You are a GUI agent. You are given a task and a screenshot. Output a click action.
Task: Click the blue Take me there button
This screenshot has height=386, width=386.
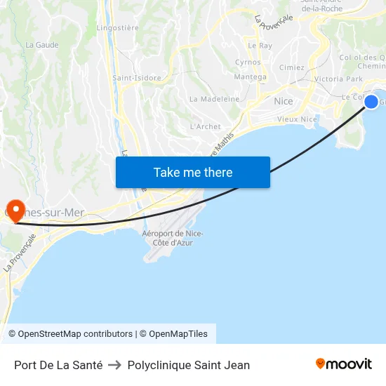tap(193, 172)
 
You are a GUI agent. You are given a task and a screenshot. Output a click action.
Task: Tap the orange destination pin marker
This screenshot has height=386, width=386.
tap(13, 209)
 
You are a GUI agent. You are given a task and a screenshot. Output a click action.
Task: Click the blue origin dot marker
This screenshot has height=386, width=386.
tap(371, 102)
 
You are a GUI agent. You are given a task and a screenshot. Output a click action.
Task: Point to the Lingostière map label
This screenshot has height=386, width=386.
tap(117, 28)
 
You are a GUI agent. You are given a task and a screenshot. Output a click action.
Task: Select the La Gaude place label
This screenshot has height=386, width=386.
tap(42, 44)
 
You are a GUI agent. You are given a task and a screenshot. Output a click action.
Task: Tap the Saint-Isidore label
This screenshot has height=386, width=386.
tap(137, 78)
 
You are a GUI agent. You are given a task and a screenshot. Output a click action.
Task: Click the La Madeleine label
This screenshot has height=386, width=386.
tap(215, 99)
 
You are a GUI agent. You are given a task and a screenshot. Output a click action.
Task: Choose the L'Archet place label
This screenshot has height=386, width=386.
tap(206, 126)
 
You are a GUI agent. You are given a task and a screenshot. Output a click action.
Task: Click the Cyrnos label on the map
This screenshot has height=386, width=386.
tap(248, 62)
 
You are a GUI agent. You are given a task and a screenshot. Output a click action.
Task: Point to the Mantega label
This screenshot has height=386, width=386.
tap(250, 77)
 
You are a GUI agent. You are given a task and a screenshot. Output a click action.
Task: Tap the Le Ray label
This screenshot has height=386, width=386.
tap(265, 46)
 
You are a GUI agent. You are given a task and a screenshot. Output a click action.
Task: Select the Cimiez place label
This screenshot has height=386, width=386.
tap(292, 67)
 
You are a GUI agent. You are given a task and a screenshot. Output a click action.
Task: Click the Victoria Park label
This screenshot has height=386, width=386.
tap(339, 79)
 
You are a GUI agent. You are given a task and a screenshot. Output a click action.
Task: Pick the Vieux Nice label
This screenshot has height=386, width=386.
tap(297, 119)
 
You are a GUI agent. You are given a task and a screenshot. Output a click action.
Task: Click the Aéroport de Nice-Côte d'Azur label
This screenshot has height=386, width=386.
tap(173, 238)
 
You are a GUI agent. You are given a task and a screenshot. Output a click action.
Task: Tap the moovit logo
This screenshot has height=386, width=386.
tap(343, 364)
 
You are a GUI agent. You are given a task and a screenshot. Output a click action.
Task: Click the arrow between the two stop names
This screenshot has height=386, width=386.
tap(115, 365)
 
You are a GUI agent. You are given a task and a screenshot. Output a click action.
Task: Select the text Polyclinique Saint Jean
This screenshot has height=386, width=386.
tap(189, 365)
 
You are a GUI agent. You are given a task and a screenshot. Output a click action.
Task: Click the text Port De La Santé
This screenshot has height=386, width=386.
tap(58, 365)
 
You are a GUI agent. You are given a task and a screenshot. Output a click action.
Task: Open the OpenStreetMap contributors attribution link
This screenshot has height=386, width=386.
tap(75, 334)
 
